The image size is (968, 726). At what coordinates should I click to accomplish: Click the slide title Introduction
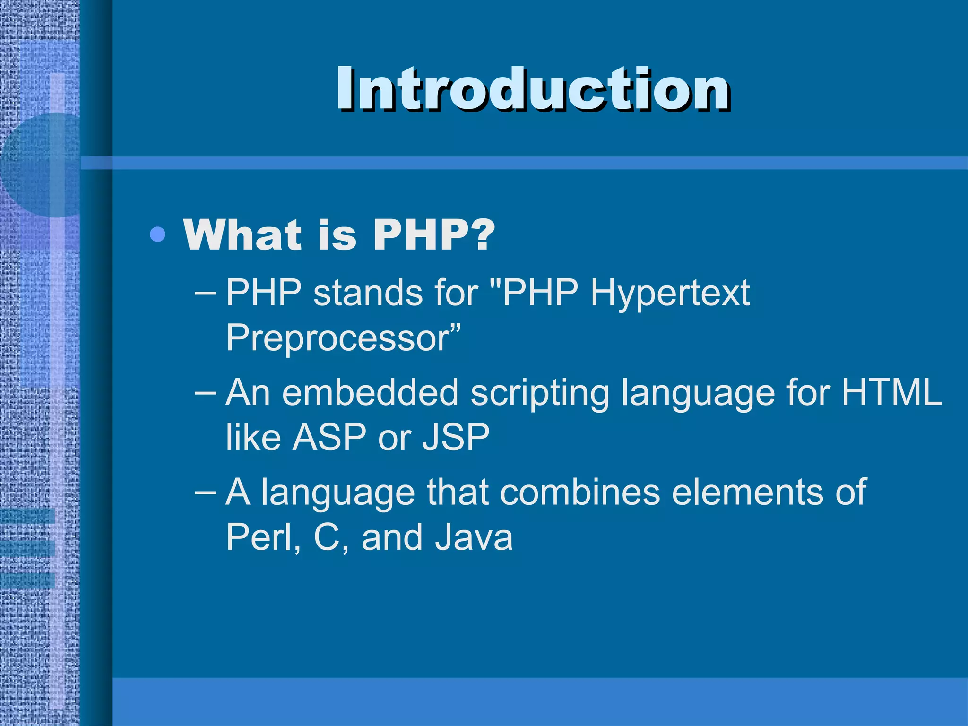pyautogui.click(x=533, y=89)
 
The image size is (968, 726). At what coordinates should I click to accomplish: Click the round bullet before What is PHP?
pyautogui.click(x=157, y=234)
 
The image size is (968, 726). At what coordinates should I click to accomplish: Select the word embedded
pyautogui.click(x=370, y=392)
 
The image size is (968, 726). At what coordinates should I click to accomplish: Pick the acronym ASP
pyautogui.click(x=329, y=437)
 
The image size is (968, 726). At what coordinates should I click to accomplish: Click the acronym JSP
pyautogui.click(x=456, y=437)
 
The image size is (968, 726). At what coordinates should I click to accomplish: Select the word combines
pyautogui.click(x=579, y=492)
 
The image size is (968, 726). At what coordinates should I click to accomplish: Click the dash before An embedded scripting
pyautogui.click(x=206, y=392)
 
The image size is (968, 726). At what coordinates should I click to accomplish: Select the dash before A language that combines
pyautogui.click(x=206, y=492)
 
